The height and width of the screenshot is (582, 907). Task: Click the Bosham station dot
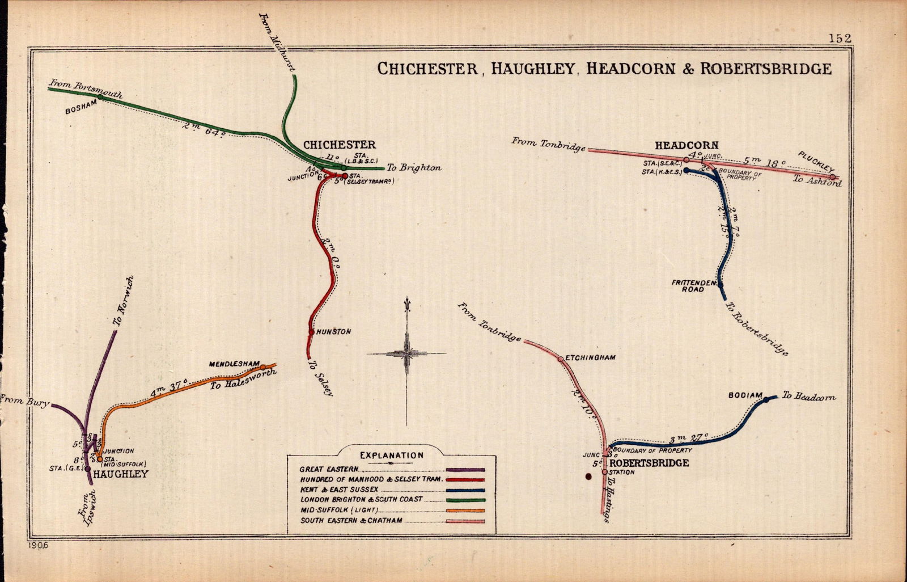coord(100,97)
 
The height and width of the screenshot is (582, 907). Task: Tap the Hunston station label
coord(334,332)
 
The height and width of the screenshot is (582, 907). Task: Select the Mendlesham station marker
coord(263,368)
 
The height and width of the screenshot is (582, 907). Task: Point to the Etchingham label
coord(591,358)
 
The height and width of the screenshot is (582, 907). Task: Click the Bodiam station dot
coord(766,400)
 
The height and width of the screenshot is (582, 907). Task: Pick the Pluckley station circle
coord(833,177)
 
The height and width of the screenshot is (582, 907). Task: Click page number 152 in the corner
coord(840,38)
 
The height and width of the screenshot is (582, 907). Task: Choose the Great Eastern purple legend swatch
coord(465,470)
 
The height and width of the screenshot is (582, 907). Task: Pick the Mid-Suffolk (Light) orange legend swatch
coord(465,511)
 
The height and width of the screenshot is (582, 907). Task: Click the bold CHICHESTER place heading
coord(339,145)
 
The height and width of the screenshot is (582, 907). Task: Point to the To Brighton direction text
coord(413,167)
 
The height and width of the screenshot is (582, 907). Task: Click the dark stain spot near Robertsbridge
coord(588,478)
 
